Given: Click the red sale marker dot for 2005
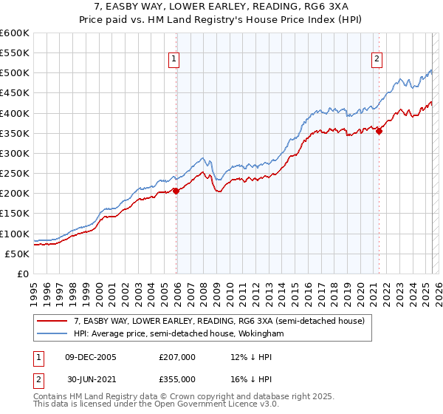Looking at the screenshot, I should (176, 191).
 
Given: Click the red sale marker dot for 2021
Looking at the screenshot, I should (380, 132).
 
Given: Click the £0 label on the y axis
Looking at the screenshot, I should (22, 274).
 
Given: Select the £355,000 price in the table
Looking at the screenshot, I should (176, 379).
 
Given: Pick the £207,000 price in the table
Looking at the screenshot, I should (176, 357).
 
